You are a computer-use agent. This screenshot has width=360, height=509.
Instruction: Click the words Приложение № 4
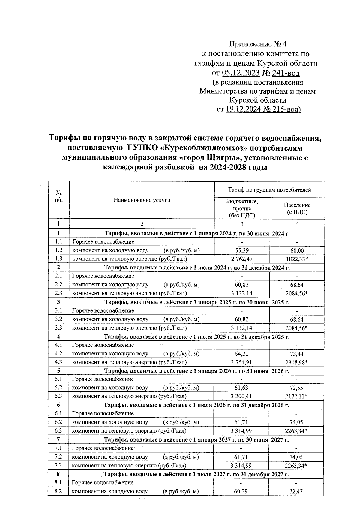(x=258, y=44)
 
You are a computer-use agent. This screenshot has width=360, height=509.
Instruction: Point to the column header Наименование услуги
(x=142, y=200)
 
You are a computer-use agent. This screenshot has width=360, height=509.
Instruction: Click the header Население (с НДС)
(x=297, y=208)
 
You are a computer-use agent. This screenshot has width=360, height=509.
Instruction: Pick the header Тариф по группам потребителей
(x=269, y=190)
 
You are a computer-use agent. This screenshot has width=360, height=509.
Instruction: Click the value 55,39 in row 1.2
(x=242, y=250)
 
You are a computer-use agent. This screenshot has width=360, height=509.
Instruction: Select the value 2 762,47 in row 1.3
(x=242, y=259)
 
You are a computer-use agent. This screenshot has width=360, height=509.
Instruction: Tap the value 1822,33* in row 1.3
(x=297, y=259)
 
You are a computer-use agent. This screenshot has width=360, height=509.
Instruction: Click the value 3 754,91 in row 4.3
(x=241, y=362)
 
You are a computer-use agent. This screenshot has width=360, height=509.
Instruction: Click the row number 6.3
(x=58, y=431)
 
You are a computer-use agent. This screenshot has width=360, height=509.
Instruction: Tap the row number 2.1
(x=58, y=276)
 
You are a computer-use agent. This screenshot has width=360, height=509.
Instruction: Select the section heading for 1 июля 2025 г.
(x=196, y=337)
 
